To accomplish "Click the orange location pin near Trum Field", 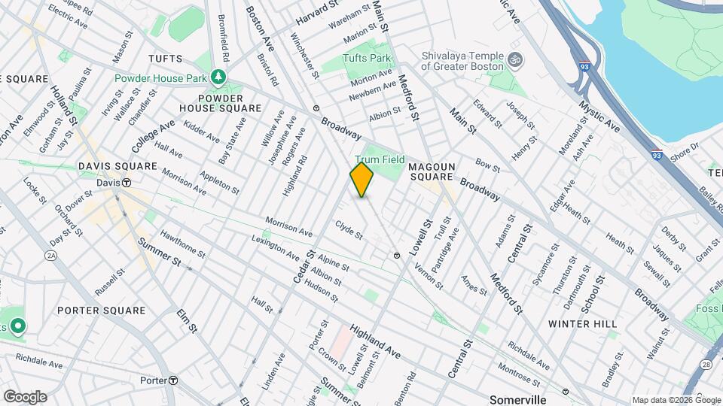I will (362, 180).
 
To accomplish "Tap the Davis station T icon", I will (127, 183).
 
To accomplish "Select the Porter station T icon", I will (172, 380).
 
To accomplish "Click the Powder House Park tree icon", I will (218, 77).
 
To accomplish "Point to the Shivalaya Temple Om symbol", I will (517, 59).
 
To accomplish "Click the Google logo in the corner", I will (24, 396).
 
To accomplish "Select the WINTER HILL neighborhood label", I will (583, 323).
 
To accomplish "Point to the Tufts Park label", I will (367, 58).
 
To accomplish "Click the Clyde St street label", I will (349, 229).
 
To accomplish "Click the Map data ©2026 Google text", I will (676, 400).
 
